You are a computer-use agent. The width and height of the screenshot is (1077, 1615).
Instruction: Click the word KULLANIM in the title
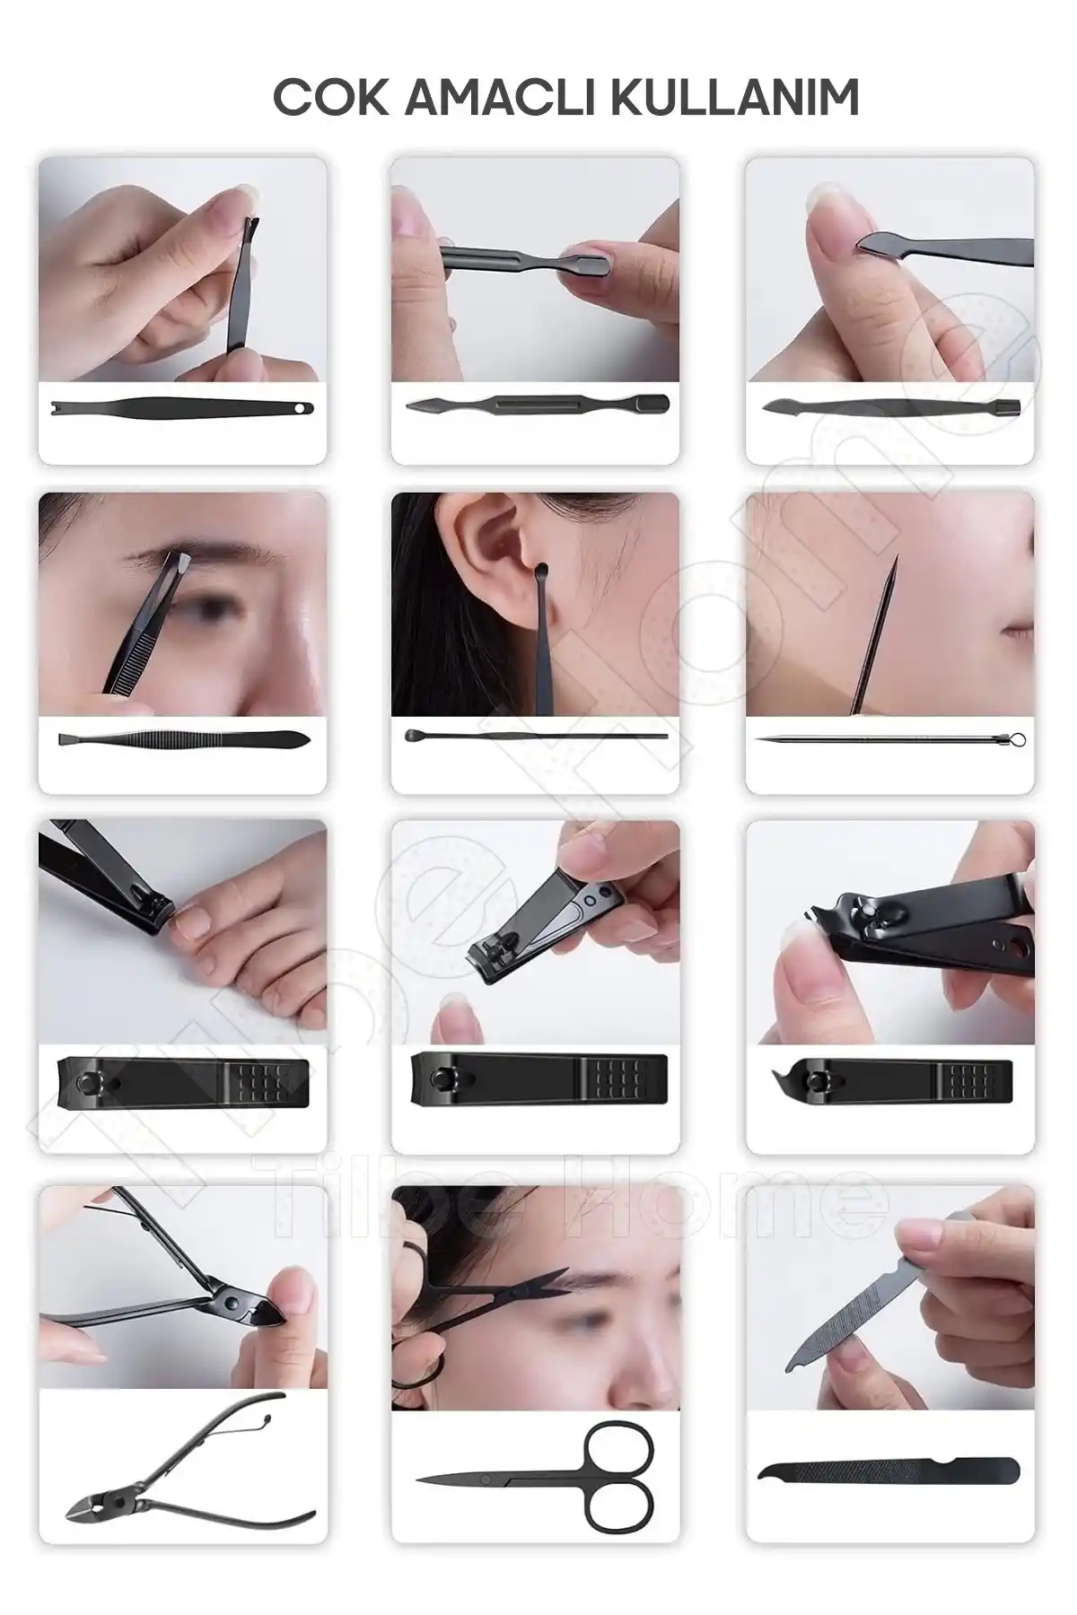737,98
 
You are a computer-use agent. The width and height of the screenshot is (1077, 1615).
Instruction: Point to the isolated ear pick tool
536,737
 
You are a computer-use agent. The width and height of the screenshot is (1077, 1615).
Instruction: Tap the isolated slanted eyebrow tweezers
184,740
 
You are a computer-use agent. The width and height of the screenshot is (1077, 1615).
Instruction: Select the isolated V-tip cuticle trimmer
184,408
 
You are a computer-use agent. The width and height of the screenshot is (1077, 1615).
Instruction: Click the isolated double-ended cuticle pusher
537,405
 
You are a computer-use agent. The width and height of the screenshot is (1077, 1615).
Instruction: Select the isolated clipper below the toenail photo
184,1081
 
